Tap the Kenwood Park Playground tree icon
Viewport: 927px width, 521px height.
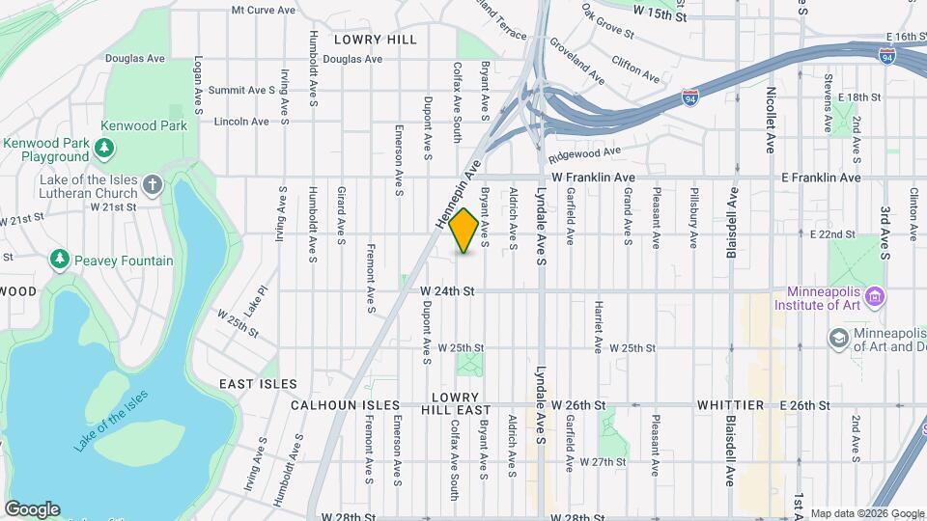103,150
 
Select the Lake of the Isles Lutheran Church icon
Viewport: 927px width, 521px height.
152,184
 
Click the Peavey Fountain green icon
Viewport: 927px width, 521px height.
60,260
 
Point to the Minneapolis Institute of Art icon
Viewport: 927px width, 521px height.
876,296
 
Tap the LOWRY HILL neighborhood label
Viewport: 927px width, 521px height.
376,40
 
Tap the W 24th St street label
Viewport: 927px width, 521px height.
447,290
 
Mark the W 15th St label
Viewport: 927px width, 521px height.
660,16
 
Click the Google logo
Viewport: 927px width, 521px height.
32,508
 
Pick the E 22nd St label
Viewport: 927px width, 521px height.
833,234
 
